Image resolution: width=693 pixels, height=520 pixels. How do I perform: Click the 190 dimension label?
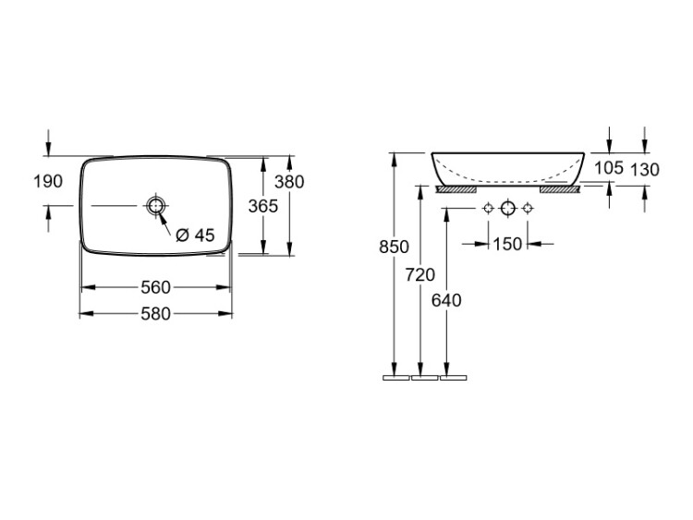coord(48,181)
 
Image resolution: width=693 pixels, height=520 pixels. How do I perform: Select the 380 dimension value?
coord(289,182)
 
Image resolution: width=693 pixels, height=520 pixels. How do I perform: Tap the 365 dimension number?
coord(263,206)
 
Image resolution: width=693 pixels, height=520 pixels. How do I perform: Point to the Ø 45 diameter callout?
coord(195,235)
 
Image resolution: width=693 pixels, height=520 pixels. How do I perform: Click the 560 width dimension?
coord(155,287)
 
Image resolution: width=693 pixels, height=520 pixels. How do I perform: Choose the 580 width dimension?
coord(155,314)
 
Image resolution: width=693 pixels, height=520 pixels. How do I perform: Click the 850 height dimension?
coord(394,247)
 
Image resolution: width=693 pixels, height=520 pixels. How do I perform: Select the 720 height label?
coord(420,275)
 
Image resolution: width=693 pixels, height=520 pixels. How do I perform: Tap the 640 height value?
coord(446,300)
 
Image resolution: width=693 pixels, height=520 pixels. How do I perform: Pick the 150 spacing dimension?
coord(507,244)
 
